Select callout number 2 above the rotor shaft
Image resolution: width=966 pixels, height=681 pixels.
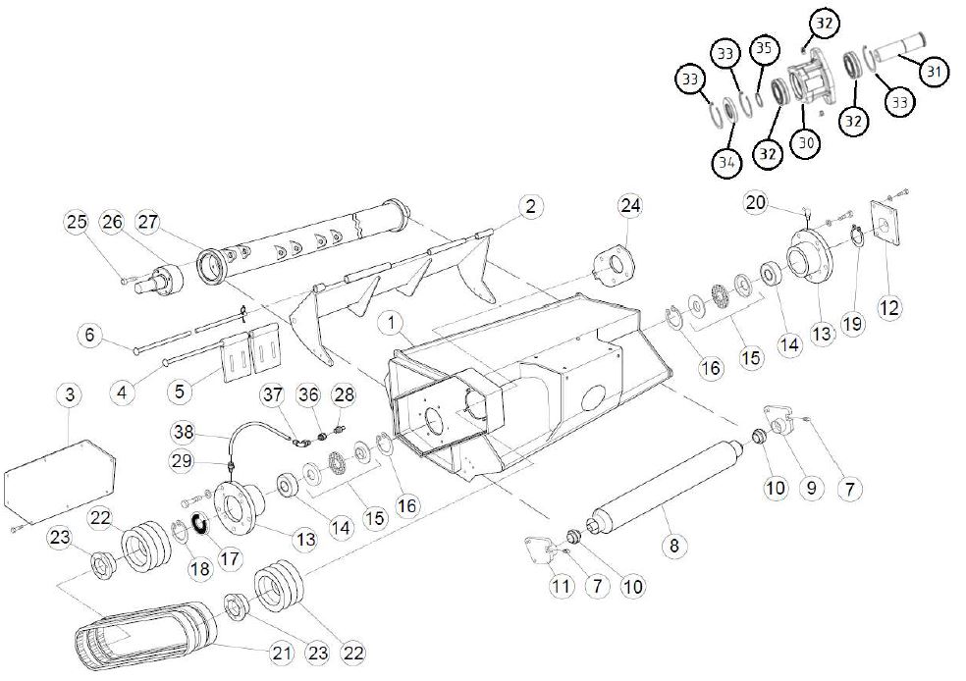530,206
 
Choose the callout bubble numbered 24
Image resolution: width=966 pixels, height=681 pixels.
628,205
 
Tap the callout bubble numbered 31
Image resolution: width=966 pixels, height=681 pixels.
934,70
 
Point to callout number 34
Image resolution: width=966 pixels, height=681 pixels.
724,162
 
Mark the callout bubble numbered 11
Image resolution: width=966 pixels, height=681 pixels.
561,587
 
